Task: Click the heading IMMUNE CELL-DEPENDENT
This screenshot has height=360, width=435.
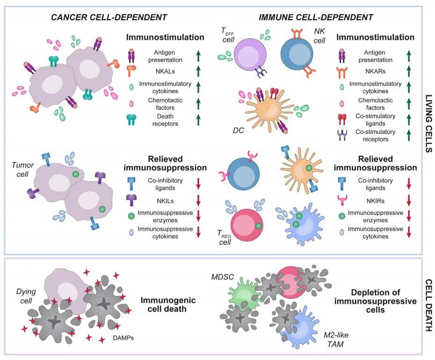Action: click(x=316, y=17)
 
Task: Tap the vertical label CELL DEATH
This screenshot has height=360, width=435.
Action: click(x=427, y=305)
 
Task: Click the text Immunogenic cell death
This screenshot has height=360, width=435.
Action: click(x=168, y=305)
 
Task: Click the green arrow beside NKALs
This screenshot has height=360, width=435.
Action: click(x=198, y=71)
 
